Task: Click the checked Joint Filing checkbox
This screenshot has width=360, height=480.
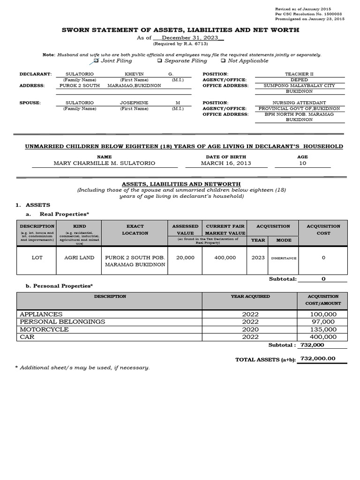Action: pos(96,60)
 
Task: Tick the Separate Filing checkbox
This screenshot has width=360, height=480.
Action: pos(159,60)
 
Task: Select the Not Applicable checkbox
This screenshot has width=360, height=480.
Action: pos(223,60)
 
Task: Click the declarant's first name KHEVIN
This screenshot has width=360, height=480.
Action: pos(135,74)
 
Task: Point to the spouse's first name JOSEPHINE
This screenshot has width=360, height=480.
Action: pos(135,103)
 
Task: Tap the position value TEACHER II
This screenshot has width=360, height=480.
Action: pos(297,74)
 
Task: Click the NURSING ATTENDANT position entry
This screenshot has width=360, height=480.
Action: pos(297,103)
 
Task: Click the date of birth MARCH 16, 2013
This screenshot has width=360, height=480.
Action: pos(226,163)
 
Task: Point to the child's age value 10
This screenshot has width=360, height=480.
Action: pos(302,163)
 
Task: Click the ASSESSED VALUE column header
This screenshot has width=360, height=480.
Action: pos(185,229)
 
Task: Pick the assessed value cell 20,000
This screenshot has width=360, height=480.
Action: pos(185,257)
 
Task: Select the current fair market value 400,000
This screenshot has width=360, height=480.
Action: pos(225,257)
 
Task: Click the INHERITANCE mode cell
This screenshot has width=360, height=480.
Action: pos(284,258)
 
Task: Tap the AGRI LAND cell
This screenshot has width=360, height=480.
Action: pos(79,257)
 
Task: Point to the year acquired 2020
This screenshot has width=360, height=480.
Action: pos(250,329)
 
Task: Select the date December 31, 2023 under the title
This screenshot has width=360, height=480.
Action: pos(186,37)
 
